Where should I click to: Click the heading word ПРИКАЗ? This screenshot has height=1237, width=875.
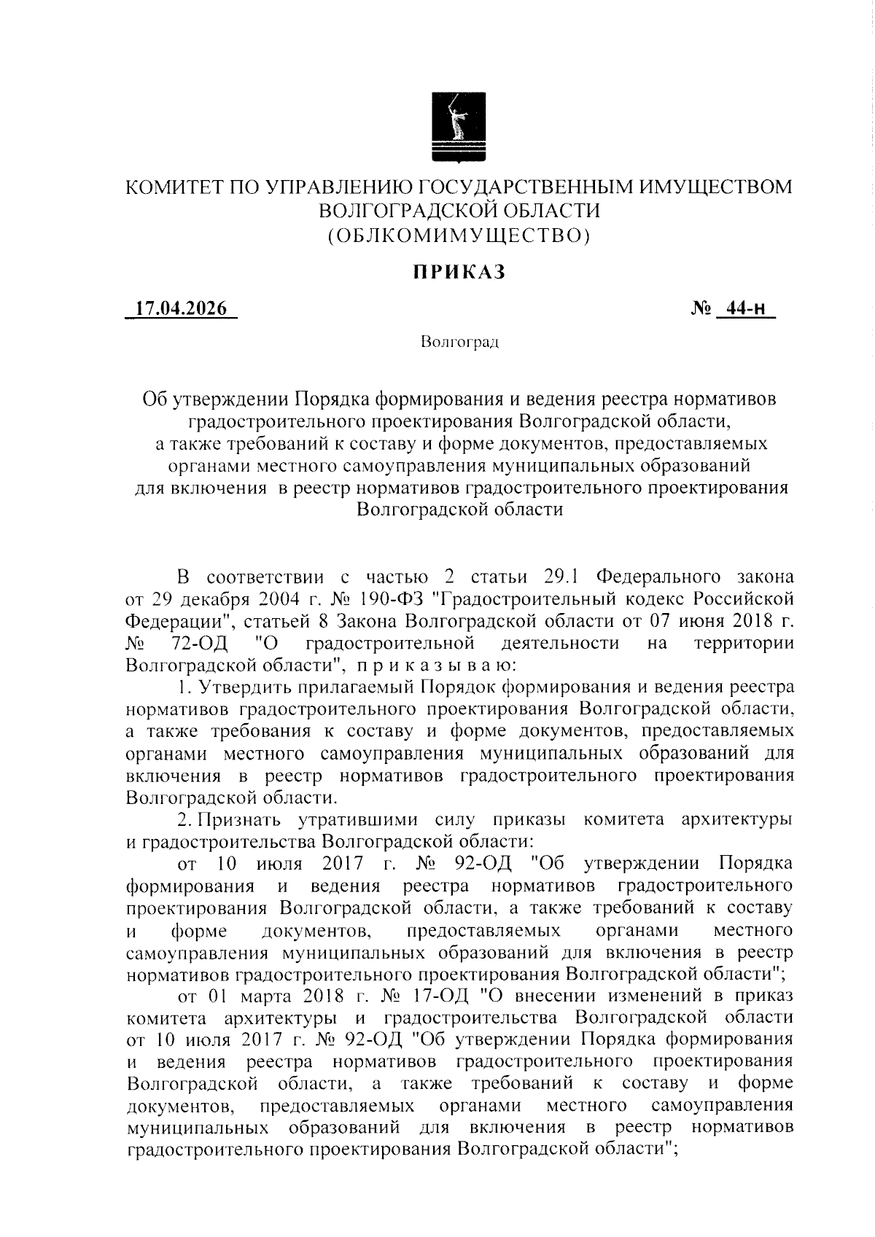[x=459, y=273]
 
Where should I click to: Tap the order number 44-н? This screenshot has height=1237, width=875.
[x=745, y=308]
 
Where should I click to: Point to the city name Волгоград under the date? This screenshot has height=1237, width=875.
[x=459, y=342]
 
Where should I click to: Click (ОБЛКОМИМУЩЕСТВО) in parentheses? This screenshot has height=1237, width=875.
[x=459, y=235]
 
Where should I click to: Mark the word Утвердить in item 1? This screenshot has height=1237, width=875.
[x=246, y=687]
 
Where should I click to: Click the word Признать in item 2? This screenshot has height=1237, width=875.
[x=246, y=819]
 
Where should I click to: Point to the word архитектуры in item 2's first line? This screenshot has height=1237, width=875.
[x=736, y=819]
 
